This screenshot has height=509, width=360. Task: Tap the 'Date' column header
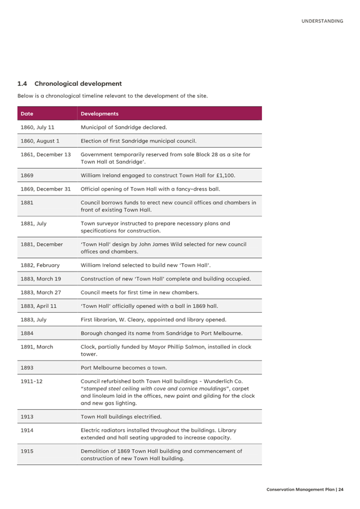click(27, 113)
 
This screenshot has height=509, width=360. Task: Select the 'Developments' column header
click(100, 113)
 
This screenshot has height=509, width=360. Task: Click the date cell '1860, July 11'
click(37, 128)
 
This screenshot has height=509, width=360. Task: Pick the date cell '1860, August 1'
click(40, 141)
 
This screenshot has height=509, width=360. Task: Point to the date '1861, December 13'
click(46, 154)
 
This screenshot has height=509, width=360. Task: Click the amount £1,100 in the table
click(225, 175)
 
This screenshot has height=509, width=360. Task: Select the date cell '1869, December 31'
click(46, 189)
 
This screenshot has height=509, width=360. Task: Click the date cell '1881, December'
click(42, 244)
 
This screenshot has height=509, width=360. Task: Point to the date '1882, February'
click(40, 265)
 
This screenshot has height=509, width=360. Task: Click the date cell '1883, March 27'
click(41, 292)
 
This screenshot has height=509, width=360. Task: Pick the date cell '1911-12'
click(32, 381)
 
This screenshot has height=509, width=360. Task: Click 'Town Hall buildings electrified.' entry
click(121, 416)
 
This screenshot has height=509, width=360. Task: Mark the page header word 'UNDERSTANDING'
click(322, 21)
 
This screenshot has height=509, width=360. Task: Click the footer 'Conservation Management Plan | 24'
click(305, 489)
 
